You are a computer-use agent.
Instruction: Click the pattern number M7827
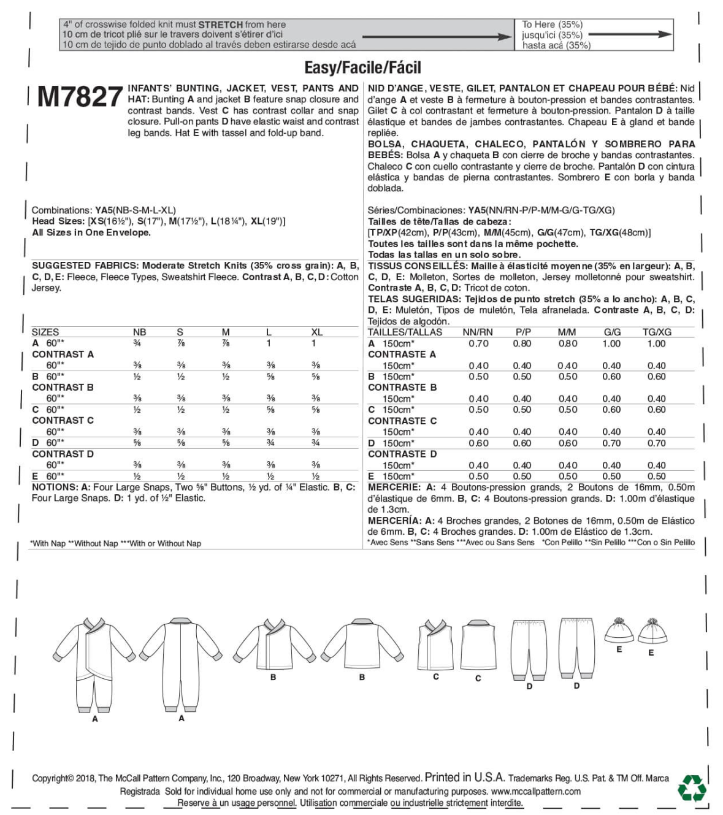pyautogui.click(x=80, y=97)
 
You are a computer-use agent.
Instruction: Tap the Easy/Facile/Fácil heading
pyautogui.click(x=362, y=67)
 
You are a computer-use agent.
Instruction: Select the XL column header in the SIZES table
pyautogui.click(x=316, y=332)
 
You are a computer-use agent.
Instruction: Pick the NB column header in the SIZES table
pyautogui.click(x=139, y=332)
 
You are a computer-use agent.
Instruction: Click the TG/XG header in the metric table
pyautogui.click(x=656, y=332)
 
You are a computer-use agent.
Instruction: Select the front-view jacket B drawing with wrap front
pyautogui.click(x=272, y=644)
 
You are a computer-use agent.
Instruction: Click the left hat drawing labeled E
pyautogui.click(x=619, y=630)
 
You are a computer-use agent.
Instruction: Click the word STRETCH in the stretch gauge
pyautogui.click(x=220, y=25)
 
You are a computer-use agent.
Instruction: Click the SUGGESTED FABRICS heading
pyautogui.click(x=85, y=266)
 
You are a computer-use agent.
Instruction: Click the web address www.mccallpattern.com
pyautogui.click(x=535, y=791)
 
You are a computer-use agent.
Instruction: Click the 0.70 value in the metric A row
pyautogui.click(x=478, y=343)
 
